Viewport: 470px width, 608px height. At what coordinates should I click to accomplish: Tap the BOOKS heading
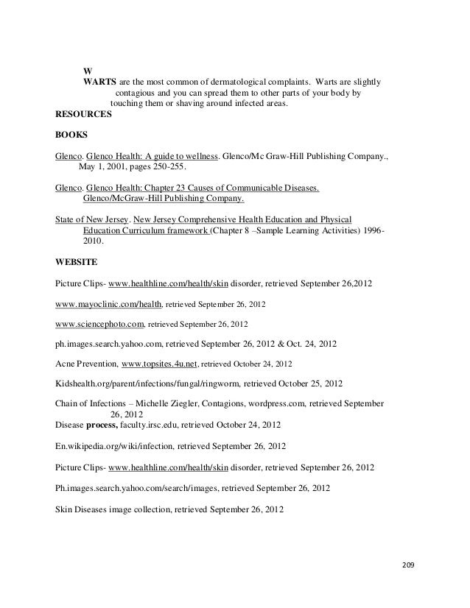point(71,136)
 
